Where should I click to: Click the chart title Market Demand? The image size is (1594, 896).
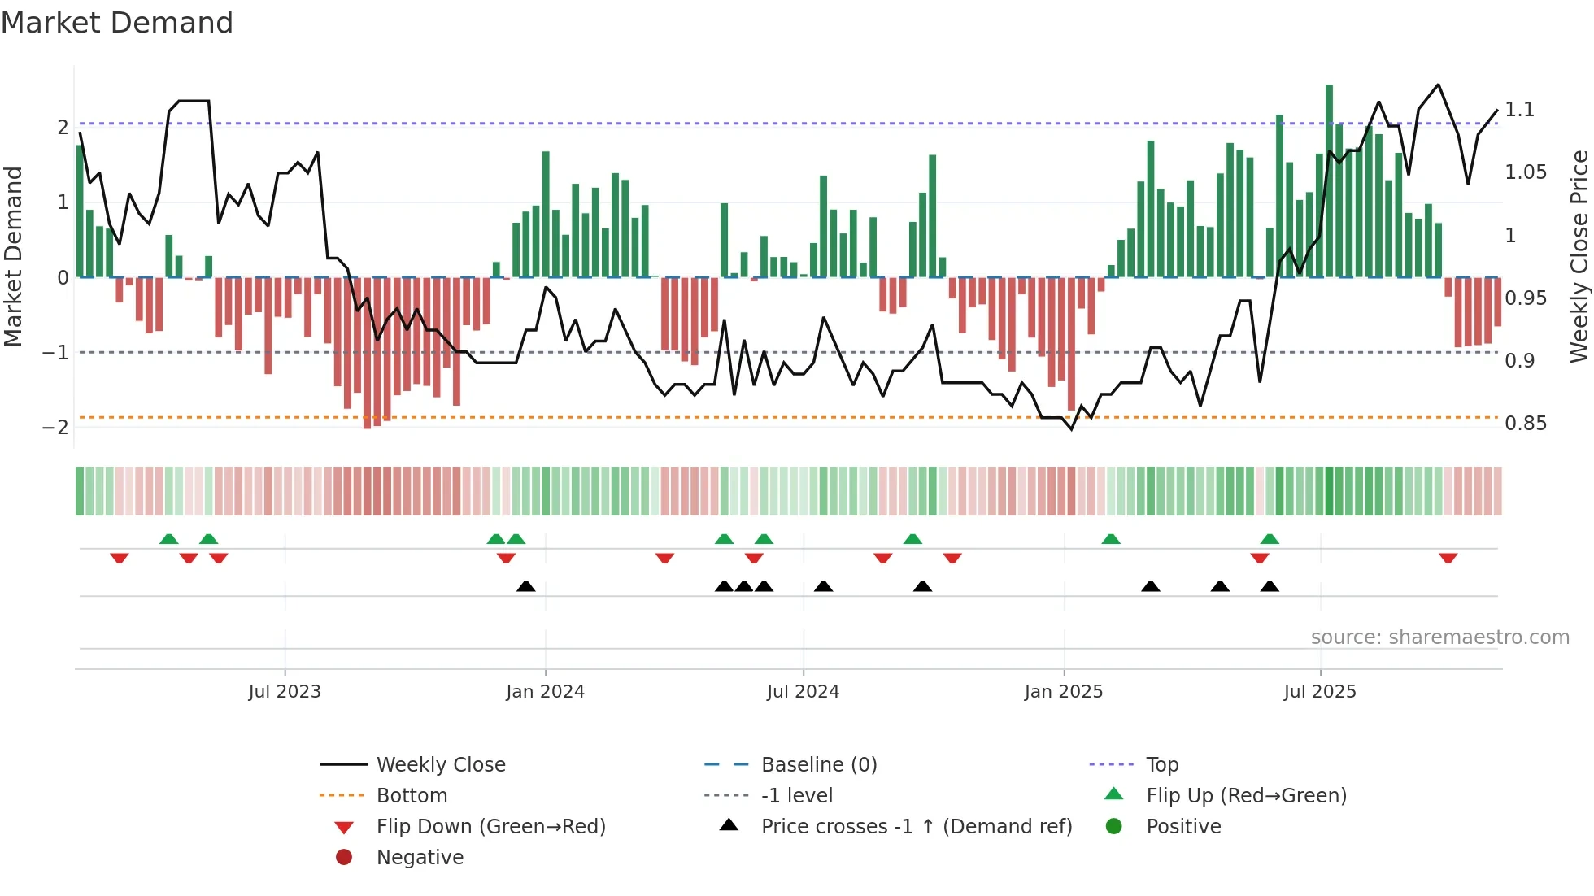pyautogui.click(x=117, y=23)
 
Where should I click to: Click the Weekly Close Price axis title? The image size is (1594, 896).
pyautogui.click(x=1579, y=256)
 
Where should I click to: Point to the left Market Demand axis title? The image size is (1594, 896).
pyautogui.click(x=13, y=256)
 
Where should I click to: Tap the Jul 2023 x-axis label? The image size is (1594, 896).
pyautogui.click(x=285, y=692)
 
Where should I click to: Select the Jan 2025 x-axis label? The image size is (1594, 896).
pyautogui.click(x=1063, y=692)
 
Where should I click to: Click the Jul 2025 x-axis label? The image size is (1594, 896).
pyautogui.click(x=1320, y=692)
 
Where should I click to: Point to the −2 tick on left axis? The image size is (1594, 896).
pyautogui.click(x=55, y=428)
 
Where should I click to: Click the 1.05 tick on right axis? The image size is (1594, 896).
pyautogui.click(x=1525, y=172)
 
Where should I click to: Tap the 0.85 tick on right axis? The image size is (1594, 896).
pyautogui.click(x=1525, y=424)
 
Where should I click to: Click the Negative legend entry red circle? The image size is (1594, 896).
pyautogui.click(x=344, y=858)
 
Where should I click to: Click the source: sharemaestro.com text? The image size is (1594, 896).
pyautogui.click(x=1439, y=637)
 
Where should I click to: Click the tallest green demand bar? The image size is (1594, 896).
pyautogui.click(x=1329, y=179)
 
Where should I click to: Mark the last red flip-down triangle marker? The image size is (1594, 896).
pyautogui.click(x=1448, y=558)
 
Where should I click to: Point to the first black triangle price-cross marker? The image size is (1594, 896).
pyautogui.click(x=526, y=586)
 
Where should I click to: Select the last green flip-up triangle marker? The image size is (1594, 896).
pyautogui.click(x=1270, y=539)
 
